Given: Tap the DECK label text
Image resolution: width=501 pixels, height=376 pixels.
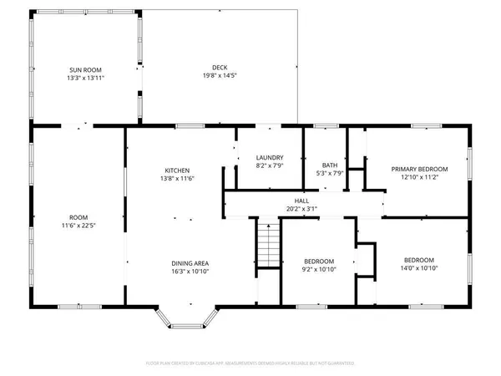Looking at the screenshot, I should coord(220,69).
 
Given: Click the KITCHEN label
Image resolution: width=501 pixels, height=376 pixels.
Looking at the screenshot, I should coord(176,170).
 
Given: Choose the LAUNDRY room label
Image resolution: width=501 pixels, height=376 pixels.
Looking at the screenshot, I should coord(269,157).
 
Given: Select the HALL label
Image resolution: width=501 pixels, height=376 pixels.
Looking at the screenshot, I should coord(301,201).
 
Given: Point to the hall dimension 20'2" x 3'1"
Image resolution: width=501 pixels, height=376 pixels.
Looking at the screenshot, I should coord(301,209).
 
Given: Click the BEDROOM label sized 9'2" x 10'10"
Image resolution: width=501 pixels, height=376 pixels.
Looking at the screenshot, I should coord(318,260).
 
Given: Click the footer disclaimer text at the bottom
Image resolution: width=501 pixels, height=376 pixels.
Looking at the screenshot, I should coord(250,363).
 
